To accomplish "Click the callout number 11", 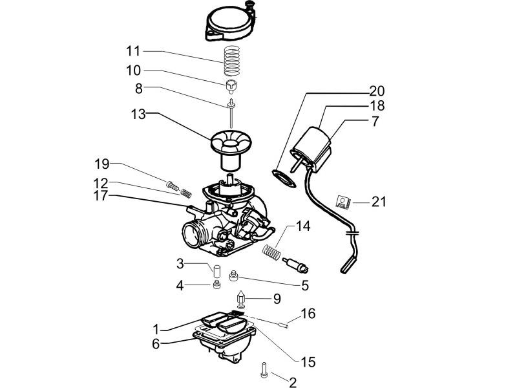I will coord(133,50).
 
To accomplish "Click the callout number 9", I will coord(277,299).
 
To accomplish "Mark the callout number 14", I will coord(303,226).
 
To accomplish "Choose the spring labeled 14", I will coord(274,250).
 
